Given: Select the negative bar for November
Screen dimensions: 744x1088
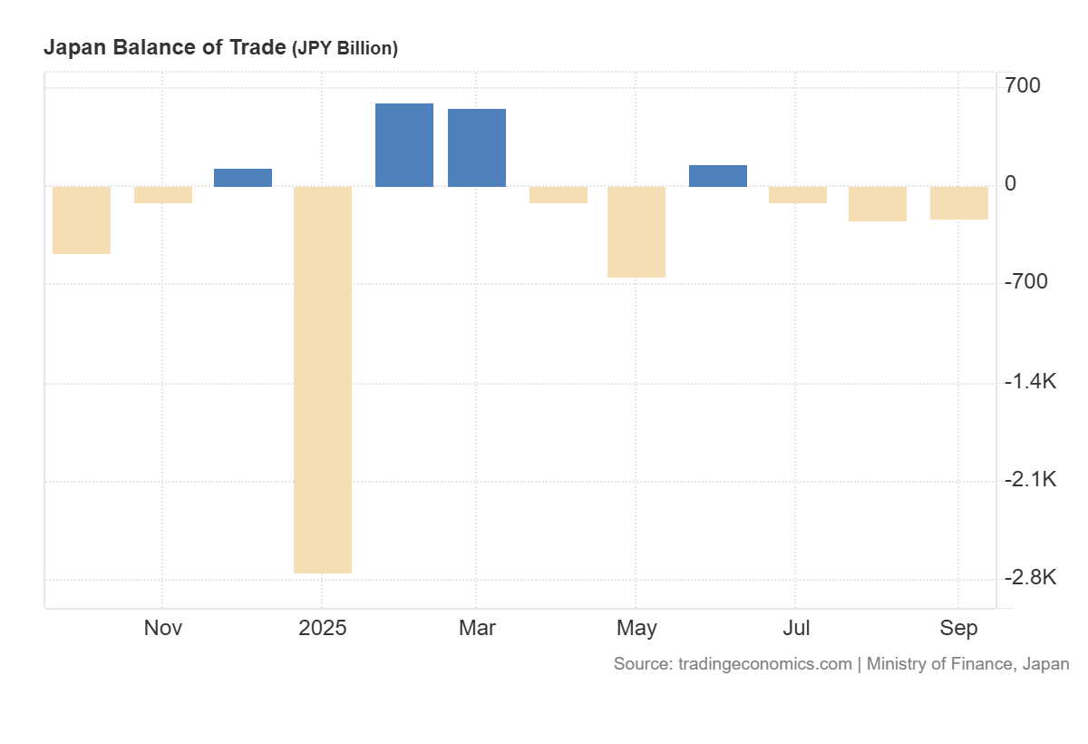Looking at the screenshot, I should (163, 195).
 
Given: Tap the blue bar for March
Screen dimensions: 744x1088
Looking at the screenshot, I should (477, 148).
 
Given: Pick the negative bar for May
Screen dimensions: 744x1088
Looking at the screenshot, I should (636, 232).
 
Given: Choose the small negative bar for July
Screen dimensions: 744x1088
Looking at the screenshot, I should (798, 195).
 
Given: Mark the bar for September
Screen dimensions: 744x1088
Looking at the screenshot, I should (959, 203).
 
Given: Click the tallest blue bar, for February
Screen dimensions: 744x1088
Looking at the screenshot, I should (404, 145).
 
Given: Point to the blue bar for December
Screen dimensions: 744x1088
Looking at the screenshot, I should (243, 178).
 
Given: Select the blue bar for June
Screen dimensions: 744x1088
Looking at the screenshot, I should (718, 176).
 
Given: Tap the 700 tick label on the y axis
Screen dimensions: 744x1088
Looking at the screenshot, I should (1023, 86).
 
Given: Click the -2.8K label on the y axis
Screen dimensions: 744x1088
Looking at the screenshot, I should (1030, 577).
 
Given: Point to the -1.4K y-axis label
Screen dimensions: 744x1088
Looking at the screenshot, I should (1030, 381).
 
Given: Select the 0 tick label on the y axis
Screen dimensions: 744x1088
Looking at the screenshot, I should (1011, 184).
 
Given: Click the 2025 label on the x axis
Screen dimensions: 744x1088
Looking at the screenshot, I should (323, 628).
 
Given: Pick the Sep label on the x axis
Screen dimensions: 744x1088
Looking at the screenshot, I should (959, 628).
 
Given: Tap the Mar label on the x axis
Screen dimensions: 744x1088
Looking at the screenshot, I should (477, 628).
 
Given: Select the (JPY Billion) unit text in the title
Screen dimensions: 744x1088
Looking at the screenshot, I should (345, 49).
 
